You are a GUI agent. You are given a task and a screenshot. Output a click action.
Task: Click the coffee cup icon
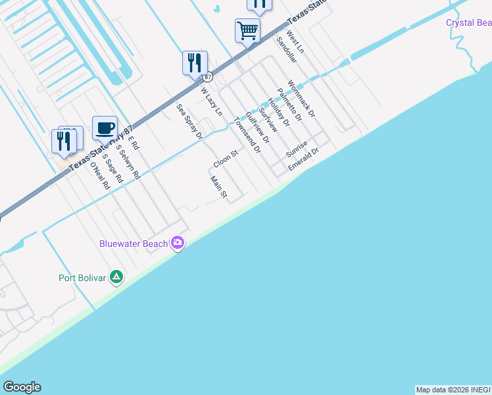click(105, 128)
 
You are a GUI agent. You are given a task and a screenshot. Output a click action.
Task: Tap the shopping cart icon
click(247, 30)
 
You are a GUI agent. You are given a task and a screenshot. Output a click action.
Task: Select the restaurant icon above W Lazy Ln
click(195, 63)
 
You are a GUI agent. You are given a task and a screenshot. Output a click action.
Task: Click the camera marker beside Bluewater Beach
click(178, 244)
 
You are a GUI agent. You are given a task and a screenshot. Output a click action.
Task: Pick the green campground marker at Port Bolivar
click(116, 277)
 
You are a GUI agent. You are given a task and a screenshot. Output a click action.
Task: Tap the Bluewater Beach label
click(134, 244)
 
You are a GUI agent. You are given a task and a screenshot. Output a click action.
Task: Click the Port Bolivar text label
click(82, 277)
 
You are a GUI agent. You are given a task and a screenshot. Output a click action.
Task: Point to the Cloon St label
click(225, 159)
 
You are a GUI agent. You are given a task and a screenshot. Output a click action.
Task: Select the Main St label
click(218, 187)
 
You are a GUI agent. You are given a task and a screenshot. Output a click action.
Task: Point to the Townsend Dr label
click(248, 135)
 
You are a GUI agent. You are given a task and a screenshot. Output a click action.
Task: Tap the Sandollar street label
click(287, 49)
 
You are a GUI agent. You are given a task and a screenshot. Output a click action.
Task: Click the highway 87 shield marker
click(207, 77)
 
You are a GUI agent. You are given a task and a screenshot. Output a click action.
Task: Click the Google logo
click(22, 387)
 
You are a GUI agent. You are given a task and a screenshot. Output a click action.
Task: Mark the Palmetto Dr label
click(289, 105)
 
